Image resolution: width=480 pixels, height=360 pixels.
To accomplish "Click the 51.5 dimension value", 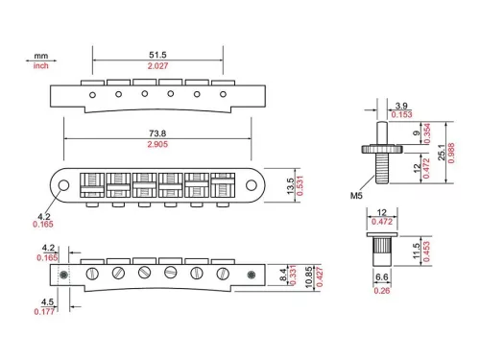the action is (x=157, y=55).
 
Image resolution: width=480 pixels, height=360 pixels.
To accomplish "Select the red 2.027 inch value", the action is (x=157, y=66).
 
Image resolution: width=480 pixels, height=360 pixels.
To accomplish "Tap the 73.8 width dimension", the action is (x=157, y=133).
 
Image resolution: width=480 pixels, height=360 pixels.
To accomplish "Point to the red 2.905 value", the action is (x=157, y=144).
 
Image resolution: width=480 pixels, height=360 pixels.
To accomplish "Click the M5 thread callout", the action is (x=356, y=195).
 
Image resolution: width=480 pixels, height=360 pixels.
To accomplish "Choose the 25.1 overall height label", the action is (x=442, y=153).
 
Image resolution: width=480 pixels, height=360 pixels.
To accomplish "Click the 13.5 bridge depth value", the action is (x=290, y=186).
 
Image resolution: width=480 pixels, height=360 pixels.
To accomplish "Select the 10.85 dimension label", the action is (x=308, y=277).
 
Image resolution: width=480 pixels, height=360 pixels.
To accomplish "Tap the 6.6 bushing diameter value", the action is (x=381, y=276).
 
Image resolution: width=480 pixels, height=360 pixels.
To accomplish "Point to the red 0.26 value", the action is (x=382, y=291).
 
